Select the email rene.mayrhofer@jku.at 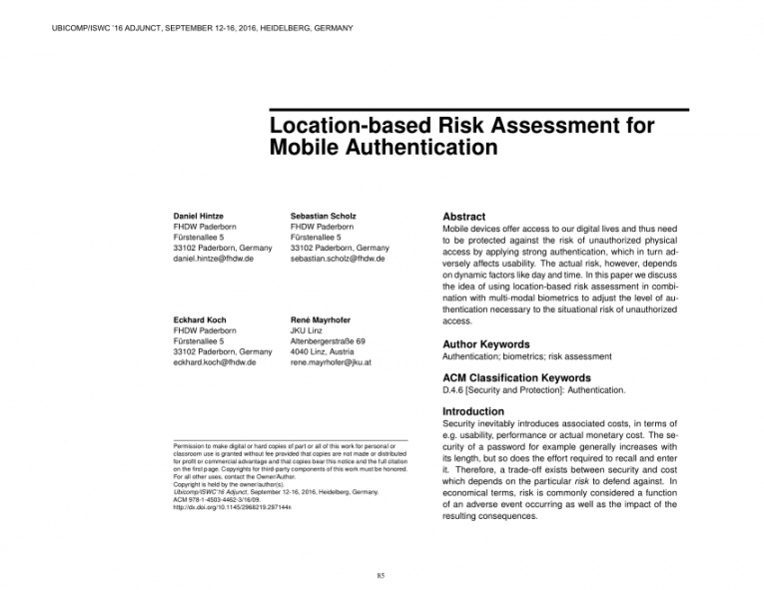331,362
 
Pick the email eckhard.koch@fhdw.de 216,362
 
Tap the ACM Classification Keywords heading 515,378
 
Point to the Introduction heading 473,411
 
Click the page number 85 382,574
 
